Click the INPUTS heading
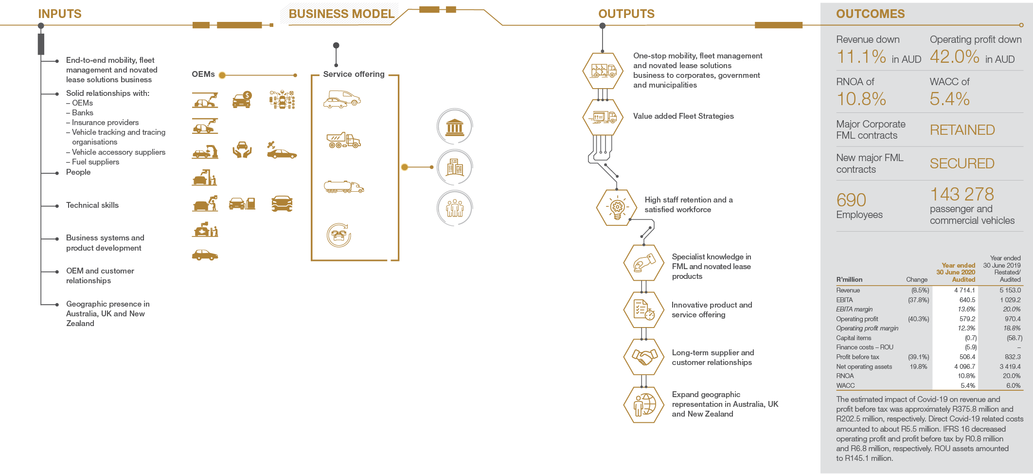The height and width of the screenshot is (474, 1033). [60, 14]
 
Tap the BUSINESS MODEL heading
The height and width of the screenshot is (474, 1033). [341, 14]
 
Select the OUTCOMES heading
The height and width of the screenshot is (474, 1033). [871, 14]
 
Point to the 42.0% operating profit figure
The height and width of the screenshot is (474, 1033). [955, 57]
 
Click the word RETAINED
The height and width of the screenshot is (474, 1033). [962, 130]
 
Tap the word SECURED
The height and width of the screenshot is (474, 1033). [962, 164]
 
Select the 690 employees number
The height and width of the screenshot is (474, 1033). [851, 200]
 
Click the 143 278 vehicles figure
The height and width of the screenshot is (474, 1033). [962, 194]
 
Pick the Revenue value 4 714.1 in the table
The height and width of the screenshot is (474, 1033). [964, 290]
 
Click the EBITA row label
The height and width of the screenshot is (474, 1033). [844, 300]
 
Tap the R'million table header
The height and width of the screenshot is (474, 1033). [849, 279]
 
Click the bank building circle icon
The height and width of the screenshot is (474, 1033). [455, 127]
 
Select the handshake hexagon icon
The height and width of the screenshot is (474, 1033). [644, 357]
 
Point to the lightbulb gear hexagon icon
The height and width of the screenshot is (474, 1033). [617, 207]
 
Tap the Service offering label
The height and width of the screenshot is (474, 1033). [354, 74]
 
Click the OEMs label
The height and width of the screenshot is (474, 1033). [203, 74]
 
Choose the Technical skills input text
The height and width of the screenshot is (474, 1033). [92, 205]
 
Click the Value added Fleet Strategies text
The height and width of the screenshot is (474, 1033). [683, 116]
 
